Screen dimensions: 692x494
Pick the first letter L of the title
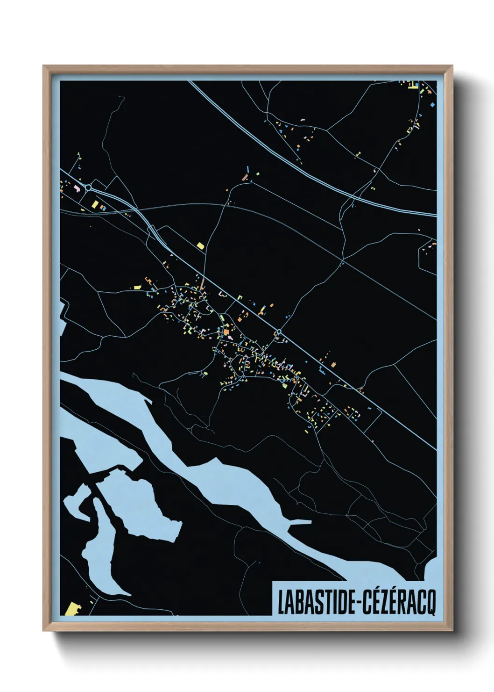coord(282,602)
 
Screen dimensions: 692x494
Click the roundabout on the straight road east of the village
coord(279,332)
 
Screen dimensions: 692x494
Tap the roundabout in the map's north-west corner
coord(88,188)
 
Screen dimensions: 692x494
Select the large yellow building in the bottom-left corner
coord(71,609)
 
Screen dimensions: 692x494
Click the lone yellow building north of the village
coord(201,245)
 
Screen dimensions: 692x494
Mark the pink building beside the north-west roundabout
coord(78,188)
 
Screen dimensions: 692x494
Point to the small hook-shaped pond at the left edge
coord(75,503)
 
